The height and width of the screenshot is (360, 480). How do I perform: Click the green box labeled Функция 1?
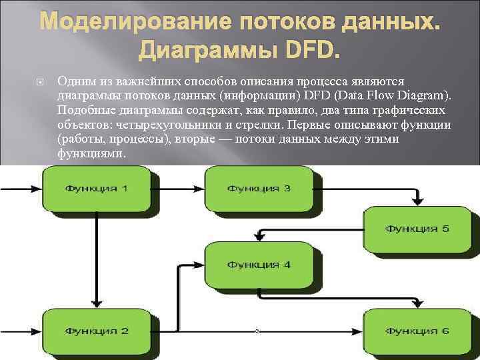click(97, 189)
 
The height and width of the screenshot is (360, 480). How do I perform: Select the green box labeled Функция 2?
click(97, 331)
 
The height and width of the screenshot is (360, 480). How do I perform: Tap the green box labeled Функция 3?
click(259, 189)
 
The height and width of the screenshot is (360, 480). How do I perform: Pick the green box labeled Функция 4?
click(259, 265)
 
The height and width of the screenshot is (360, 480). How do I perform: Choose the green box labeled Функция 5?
click(417, 229)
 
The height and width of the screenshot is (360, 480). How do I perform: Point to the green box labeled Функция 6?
click(417, 331)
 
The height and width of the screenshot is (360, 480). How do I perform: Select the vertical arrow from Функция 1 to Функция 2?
click(97, 260)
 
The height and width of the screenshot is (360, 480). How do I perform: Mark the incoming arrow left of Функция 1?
click(20, 189)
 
